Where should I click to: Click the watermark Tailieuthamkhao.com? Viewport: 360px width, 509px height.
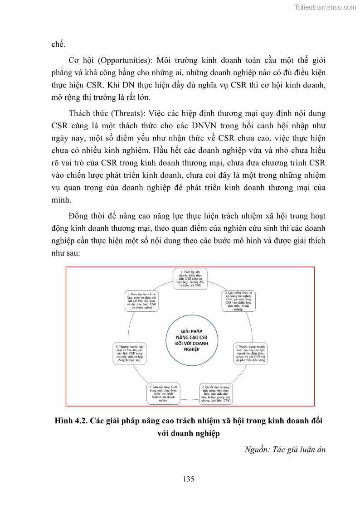(325, 7)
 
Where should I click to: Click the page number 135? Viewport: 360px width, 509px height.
(189, 479)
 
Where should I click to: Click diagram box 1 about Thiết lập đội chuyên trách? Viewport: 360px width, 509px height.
(190, 279)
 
